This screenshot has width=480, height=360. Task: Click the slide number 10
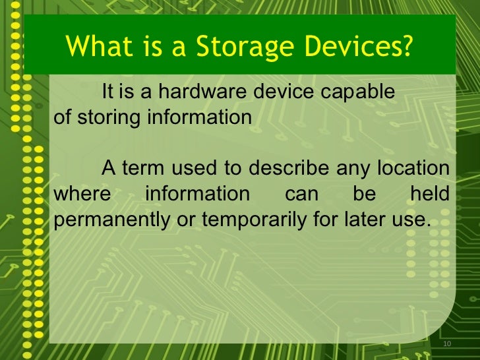pyautogui.click(x=446, y=344)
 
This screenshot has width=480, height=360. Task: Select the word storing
pyautogui.click(x=109, y=117)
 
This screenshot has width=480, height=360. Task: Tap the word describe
pyautogui.click(x=287, y=168)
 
